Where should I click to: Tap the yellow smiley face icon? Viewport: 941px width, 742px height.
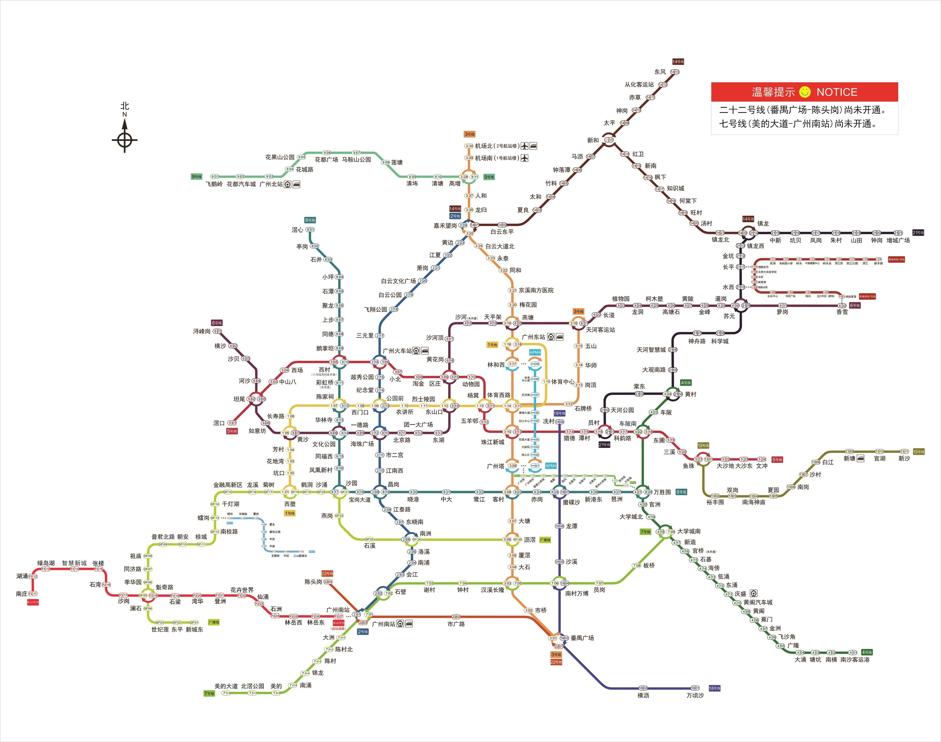(x=805, y=92)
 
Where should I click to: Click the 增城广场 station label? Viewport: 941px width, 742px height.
(x=898, y=240)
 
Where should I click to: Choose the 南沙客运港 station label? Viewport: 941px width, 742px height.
(x=855, y=659)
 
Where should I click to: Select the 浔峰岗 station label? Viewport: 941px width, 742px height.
(x=202, y=331)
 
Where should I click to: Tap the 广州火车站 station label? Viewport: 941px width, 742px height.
(x=397, y=351)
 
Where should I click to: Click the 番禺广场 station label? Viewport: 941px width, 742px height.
(x=582, y=638)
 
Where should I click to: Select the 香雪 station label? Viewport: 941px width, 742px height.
(x=842, y=312)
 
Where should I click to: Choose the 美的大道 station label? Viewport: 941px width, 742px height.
(x=226, y=686)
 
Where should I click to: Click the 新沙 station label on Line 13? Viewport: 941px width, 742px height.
(x=904, y=458)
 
